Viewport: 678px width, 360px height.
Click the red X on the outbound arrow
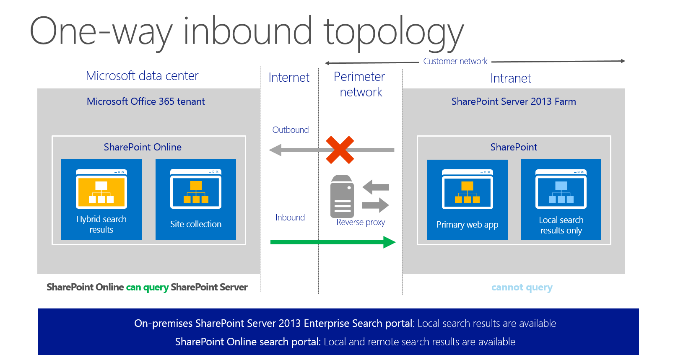pyautogui.click(x=340, y=150)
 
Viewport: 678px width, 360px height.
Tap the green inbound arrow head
pyautogui.click(x=390, y=242)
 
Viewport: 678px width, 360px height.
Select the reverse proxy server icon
pyautogui.click(x=342, y=196)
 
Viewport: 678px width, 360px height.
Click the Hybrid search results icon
pyautogui.click(x=101, y=189)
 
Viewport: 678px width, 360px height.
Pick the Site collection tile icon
pyautogui.click(x=195, y=189)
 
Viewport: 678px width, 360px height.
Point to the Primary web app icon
pyautogui.click(x=467, y=189)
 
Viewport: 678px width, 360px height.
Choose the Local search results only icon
pyautogui.click(x=561, y=189)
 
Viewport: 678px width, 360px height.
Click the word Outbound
pyautogui.click(x=290, y=130)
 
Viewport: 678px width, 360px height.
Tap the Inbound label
pyautogui.click(x=290, y=218)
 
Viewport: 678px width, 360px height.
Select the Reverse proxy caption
pyautogui.click(x=361, y=222)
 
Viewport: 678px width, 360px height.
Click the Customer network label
pyautogui.click(x=455, y=61)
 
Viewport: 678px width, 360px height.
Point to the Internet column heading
pyautogui.click(x=289, y=78)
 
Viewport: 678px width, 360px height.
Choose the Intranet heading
pyautogui.click(x=510, y=78)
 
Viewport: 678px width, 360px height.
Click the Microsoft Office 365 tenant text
pyautogui.click(x=145, y=101)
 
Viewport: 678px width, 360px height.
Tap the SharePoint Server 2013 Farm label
pyautogui.click(x=513, y=101)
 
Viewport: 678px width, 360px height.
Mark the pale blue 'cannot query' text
pyautogui.click(x=522, y=287)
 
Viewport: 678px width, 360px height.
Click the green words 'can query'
pyautogui.click(x=147, y=287)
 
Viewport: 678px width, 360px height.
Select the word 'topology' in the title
pyautogui.click(x=393, y=33)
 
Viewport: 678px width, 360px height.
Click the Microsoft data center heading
pyautogui.click(x=142, y=76)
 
